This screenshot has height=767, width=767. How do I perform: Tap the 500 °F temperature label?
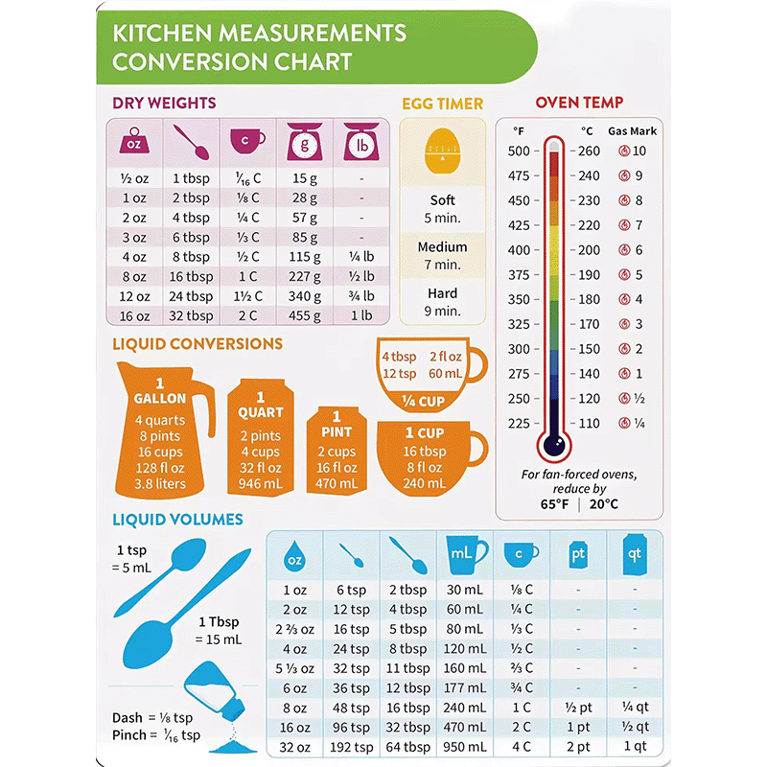(519, 151)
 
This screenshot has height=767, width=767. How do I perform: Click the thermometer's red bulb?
(553, 444)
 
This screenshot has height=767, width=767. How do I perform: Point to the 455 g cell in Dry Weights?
(305, 315)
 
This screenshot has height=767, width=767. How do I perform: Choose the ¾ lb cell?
(361, 296)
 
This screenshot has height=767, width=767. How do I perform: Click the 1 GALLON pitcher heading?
(160, 391)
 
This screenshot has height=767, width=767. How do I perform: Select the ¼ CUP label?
(423, 401)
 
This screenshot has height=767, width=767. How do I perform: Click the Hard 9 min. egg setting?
(443, 302)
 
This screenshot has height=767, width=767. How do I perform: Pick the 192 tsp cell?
(352, 747)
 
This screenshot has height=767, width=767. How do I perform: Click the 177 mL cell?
(465, 687)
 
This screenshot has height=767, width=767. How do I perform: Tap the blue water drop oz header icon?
(294, 554)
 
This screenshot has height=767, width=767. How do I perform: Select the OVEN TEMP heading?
(579, 103)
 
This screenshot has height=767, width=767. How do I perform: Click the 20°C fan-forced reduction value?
(604, 503)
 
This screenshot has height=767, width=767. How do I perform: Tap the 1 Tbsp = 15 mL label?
(219, 631)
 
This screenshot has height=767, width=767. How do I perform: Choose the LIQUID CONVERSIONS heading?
(198, 343)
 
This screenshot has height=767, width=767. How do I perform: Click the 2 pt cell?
(578, 747)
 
